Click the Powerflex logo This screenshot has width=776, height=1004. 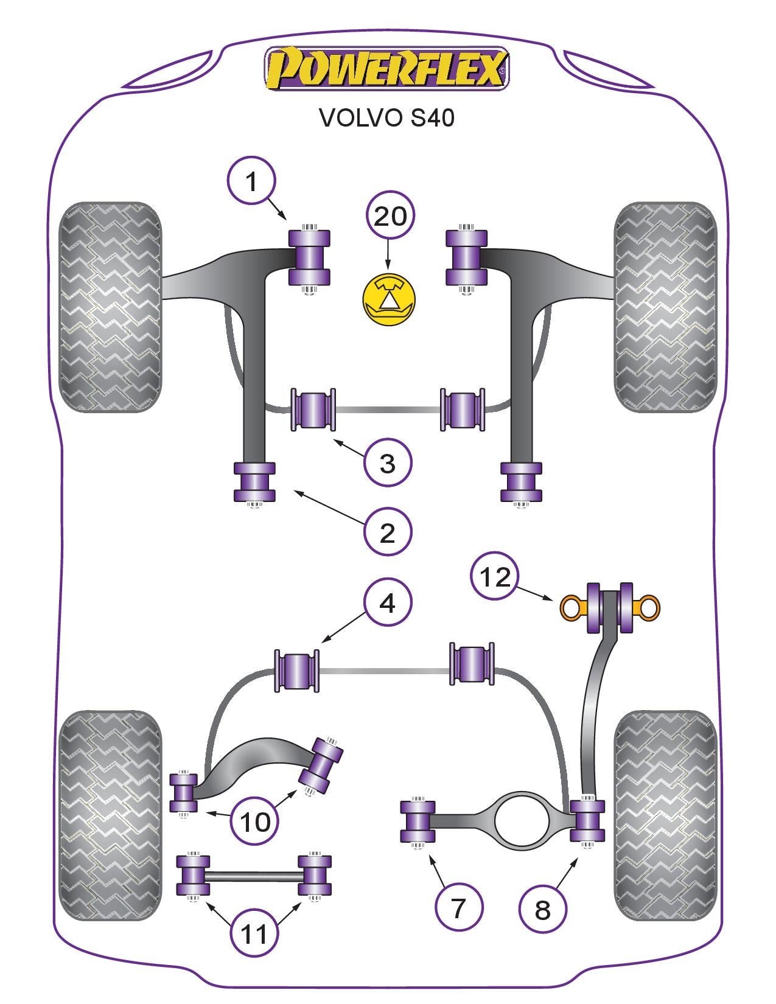386,68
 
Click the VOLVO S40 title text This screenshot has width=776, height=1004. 386,117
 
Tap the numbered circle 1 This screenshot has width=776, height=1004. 251,181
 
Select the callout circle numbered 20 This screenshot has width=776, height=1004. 390,216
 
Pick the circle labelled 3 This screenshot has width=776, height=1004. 388,462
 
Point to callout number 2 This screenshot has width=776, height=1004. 388,532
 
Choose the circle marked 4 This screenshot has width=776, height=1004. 388,602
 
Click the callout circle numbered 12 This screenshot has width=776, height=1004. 495,576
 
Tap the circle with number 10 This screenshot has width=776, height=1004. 255,821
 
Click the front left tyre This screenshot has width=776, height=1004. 111,307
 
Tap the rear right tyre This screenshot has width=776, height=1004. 665,815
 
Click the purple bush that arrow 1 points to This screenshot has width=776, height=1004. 309,257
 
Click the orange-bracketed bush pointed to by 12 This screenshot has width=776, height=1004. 609,607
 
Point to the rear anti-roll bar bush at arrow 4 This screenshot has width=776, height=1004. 297,671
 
